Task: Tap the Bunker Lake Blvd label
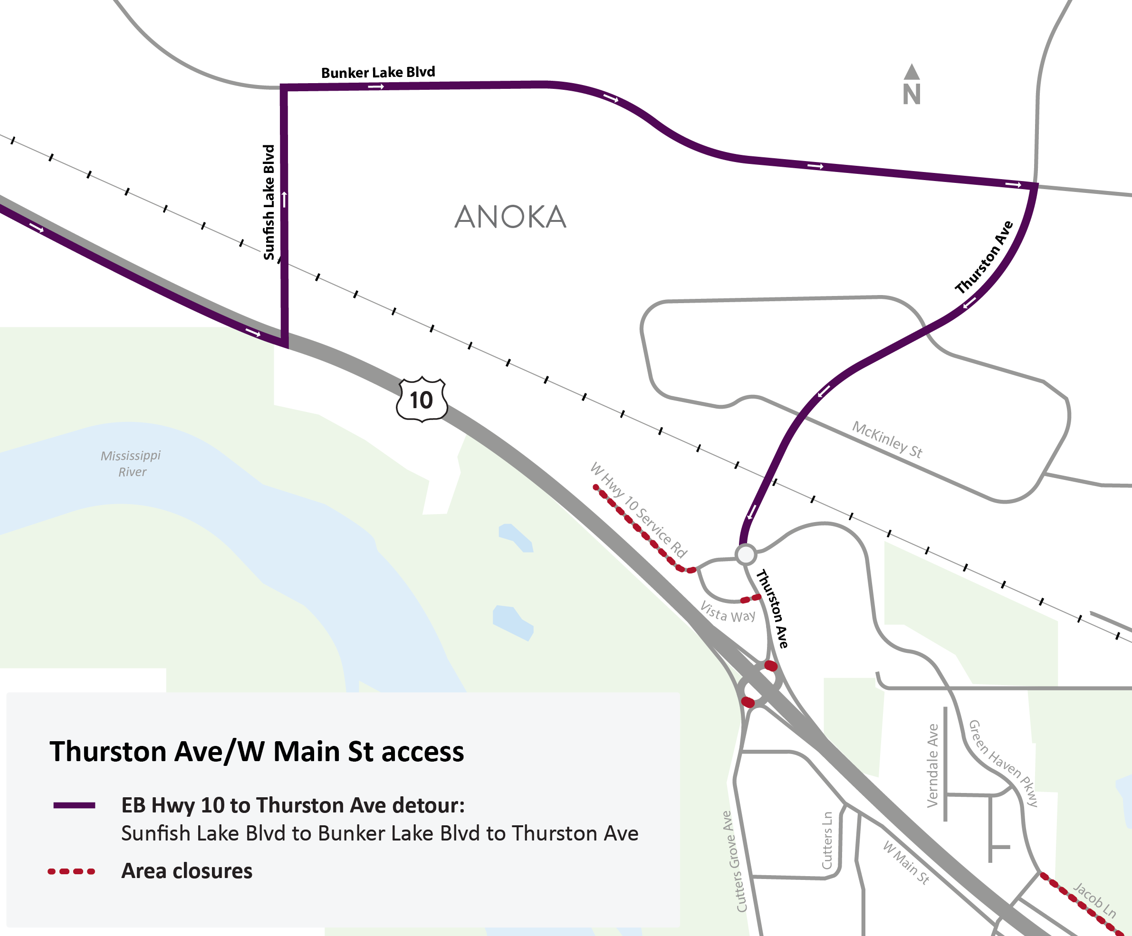click(378, 72)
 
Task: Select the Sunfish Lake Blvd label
click(269, 202)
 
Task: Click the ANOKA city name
click(510, 217)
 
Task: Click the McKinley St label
click(887, 439)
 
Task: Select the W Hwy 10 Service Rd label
click(639, 509)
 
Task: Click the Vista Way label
click(728, 612)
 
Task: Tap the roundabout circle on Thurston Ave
click(746, 554)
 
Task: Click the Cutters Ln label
click(827, 840)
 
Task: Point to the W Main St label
click(906, 862)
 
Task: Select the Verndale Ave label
click(932, 765)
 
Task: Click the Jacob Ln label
click(1094, 899)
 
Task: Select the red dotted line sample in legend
click(71, 871)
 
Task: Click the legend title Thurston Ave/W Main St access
click(257, 751)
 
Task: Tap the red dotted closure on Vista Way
click(750, 598)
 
